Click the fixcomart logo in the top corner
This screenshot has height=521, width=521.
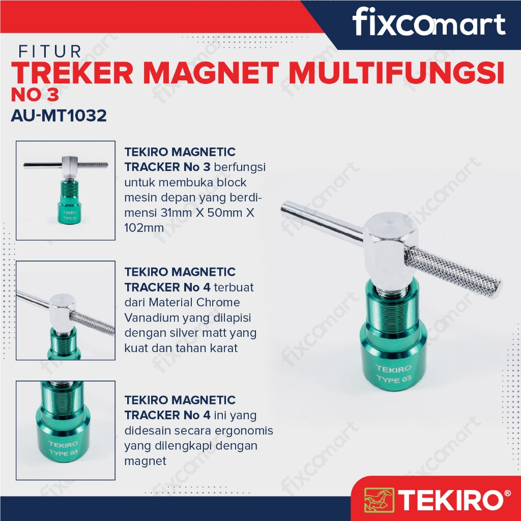(x=428, y=22)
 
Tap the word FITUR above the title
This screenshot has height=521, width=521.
(x=50, y=52)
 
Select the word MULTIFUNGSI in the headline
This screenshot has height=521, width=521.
(x=397, y=73)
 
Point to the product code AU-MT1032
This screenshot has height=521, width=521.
(x=59, y=115)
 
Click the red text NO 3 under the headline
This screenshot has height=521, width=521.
(x=35, y=95)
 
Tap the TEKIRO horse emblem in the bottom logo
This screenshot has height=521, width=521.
(x=379, y=500)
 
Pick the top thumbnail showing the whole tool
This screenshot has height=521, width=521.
(x=66, y=190)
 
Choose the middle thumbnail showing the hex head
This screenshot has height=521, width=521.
(x=66, y=310)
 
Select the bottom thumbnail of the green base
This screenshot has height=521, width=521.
(x=66, y=430)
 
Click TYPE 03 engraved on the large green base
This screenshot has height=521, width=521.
(x=394, y=380)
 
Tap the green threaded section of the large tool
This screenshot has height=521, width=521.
(x=393, y=311)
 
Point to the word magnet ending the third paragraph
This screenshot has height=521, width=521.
(x=145, y=461)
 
